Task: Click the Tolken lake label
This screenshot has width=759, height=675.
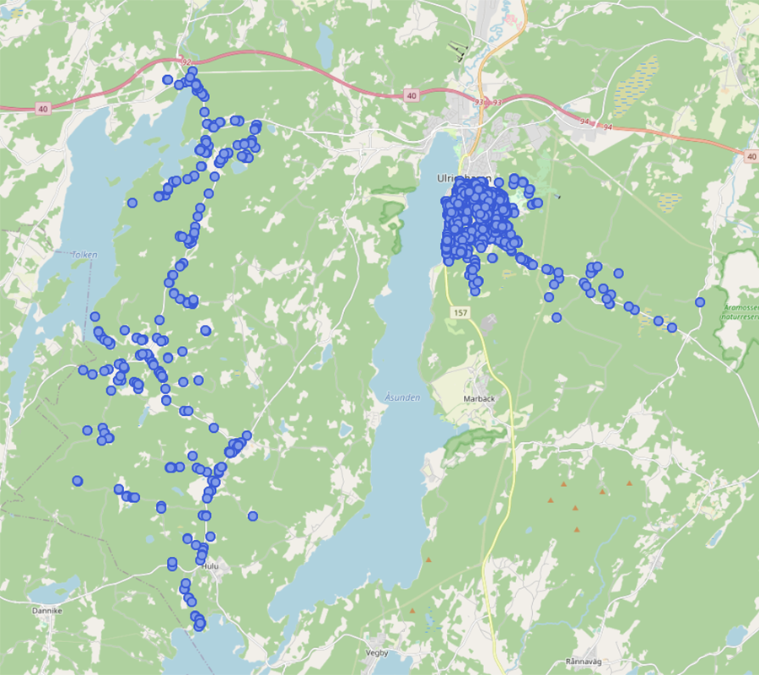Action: click(x=84, y=254)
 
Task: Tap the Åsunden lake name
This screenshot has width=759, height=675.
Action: click(x=401, y=397)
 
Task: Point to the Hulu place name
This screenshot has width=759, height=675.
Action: click(x=210, y=566)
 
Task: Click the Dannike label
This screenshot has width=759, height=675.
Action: click(x=47, y=609)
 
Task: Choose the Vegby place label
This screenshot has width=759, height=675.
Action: click(x=377, y=652)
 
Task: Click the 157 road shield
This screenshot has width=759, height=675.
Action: click(x=460, y=313)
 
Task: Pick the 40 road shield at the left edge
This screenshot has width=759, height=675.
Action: click(x=43, y=109)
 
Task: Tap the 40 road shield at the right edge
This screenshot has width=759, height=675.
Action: click(x=751, y=156)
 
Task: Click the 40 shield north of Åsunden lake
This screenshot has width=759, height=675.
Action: click(x=411, y=96)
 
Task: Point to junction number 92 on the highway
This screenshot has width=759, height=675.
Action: click(x=187, y=62)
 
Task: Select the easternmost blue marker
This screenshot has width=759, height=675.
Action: click(x=700, y=302)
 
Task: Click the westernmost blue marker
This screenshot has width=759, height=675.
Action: click(x=78, y=481)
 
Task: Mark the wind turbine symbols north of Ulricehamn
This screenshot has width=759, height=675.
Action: click(x=458, y=51)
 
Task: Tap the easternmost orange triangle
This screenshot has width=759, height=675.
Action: click(x=629, y=483)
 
